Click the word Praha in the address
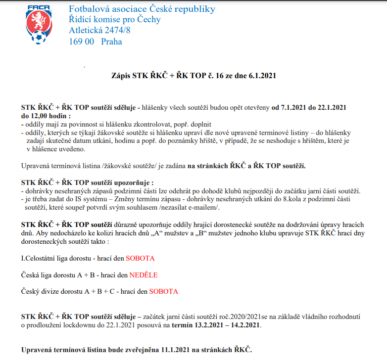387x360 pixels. click(x=111, y=42)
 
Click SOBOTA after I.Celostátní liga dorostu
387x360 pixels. click(x=140, y=259)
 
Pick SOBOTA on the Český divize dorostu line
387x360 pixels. click(x=163, y=291)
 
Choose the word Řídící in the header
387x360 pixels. click(x=83, y=20)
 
